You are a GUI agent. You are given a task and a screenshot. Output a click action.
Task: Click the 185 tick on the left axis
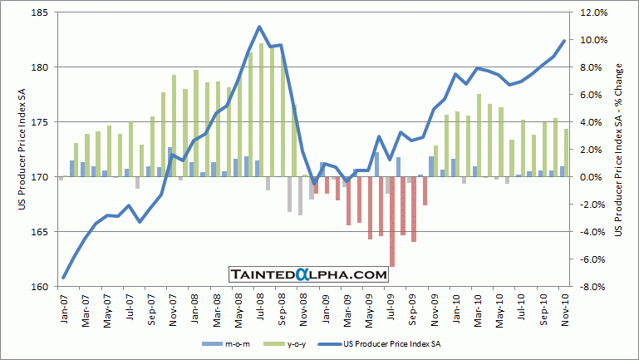39,13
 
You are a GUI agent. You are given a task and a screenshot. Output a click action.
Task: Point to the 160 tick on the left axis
39,287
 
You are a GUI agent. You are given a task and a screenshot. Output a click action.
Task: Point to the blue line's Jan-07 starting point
63,278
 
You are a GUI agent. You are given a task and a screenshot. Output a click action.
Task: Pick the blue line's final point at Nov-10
565,40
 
